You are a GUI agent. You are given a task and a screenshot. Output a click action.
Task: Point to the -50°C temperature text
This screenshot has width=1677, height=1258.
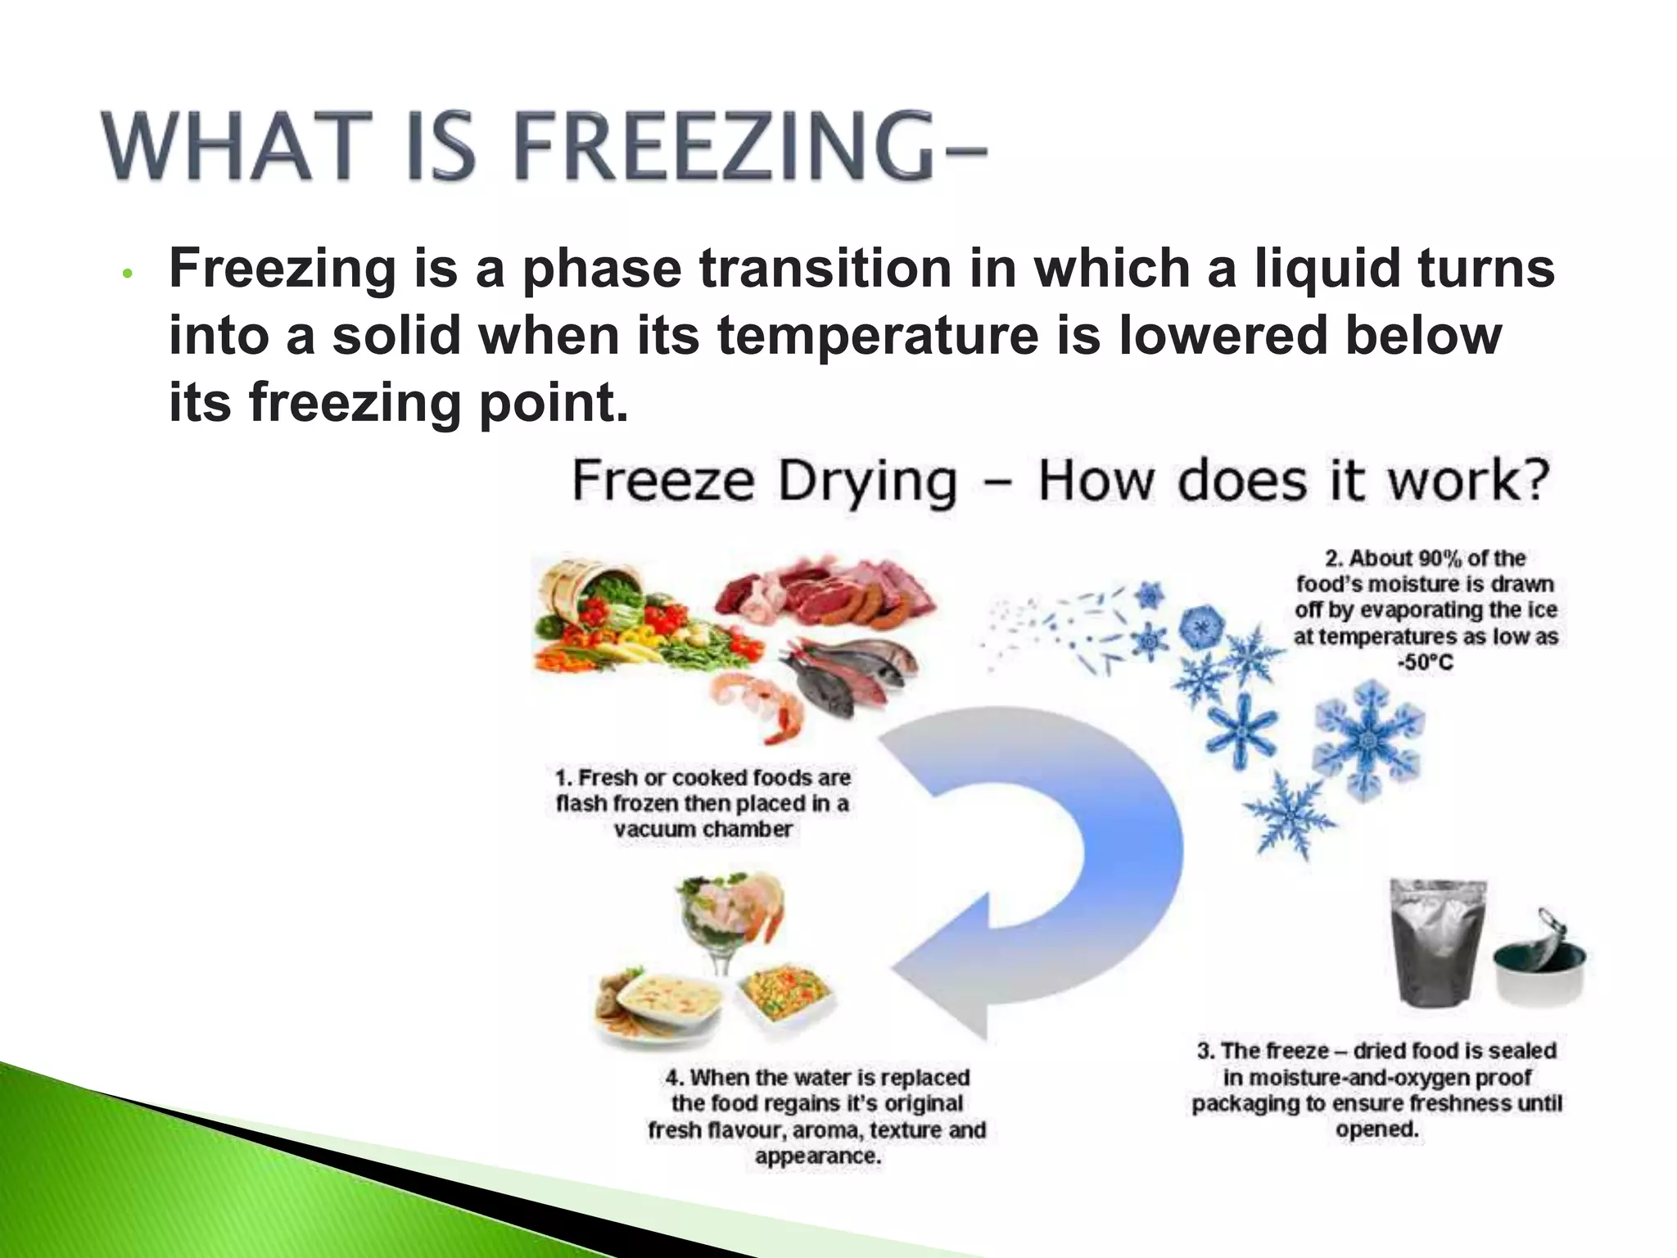click(x=1426, y=663)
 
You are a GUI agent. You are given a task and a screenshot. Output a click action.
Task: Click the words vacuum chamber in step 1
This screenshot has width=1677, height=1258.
click(x=703, y=829)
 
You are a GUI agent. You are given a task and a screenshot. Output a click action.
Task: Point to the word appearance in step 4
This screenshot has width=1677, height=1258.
click(x=816, y=1156)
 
